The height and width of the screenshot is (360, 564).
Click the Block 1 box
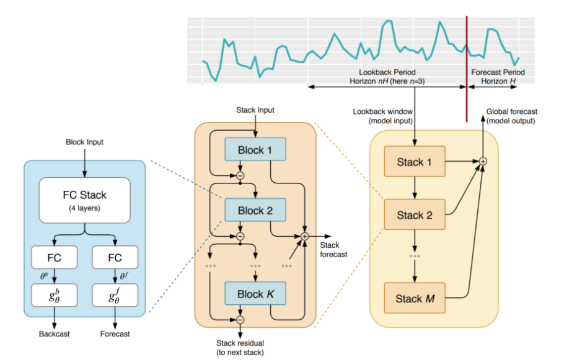255,149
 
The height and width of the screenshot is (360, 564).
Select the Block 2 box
255,211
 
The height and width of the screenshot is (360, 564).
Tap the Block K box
255,294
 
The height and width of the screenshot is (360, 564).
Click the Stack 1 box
414,162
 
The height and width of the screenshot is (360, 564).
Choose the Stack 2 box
414,215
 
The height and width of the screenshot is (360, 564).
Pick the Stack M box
414,299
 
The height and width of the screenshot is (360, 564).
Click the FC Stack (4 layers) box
84,200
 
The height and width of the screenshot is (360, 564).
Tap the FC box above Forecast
115,257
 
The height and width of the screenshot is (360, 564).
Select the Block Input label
84,142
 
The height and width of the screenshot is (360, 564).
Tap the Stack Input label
255,110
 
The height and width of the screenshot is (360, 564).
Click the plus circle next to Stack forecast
305,236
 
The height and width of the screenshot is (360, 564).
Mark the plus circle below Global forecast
483,162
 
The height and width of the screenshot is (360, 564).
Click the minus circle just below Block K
240,320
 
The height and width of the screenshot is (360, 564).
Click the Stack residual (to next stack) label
240,347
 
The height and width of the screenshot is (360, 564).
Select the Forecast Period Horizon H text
498,77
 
